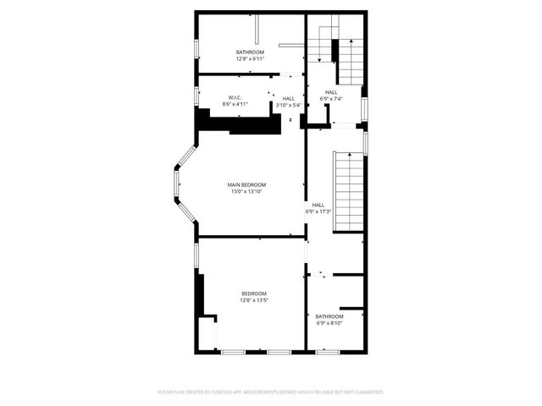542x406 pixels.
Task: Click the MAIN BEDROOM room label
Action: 246,184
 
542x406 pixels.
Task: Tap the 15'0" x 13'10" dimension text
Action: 246,192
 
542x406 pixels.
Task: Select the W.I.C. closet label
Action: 235,97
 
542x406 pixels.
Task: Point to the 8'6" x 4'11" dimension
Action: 235,105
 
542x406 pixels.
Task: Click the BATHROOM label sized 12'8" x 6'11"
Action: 250,52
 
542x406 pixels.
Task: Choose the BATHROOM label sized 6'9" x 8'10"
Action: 329,316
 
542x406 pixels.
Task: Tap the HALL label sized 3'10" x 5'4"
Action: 289,98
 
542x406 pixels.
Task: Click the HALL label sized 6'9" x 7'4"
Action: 330,92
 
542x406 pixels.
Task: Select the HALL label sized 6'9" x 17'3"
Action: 318,204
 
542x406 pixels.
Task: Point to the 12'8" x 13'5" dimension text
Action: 254,300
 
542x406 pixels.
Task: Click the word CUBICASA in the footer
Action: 224,392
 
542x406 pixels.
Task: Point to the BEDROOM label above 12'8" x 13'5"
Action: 254,294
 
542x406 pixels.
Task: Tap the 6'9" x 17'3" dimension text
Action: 318,211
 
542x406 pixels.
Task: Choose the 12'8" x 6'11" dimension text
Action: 250,59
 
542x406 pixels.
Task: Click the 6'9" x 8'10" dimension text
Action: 329,323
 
